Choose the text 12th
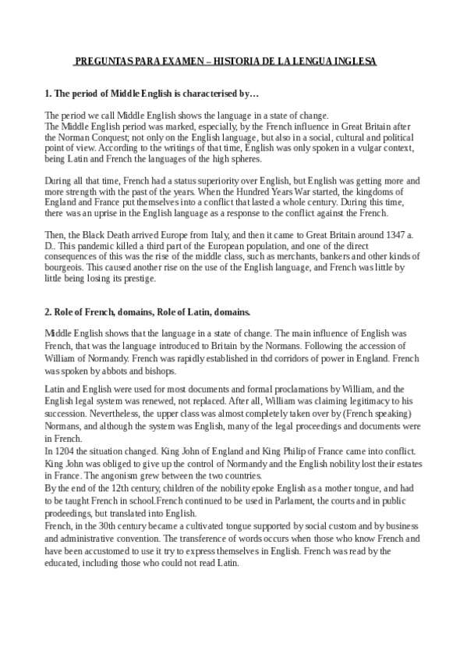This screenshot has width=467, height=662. coord(115,486)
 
